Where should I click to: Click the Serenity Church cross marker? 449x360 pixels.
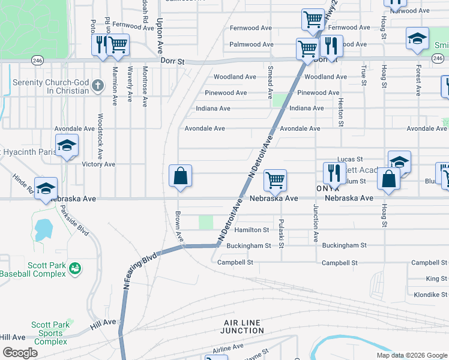[98, 86]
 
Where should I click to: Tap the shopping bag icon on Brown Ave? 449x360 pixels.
[180, 176]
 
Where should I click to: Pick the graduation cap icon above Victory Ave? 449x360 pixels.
[67, 145]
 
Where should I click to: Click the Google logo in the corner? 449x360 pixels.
[20, 353]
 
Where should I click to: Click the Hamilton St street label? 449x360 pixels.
[252, 230]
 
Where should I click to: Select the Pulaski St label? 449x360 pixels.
[281, 233]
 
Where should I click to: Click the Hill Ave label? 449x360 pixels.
[103, 322]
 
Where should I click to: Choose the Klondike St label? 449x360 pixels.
[430, 295]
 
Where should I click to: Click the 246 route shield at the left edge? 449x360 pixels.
[37, 60]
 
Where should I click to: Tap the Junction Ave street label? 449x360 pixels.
[315, 223]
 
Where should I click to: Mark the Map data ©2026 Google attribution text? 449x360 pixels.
[411, 355]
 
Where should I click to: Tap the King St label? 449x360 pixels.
[436, 278]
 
